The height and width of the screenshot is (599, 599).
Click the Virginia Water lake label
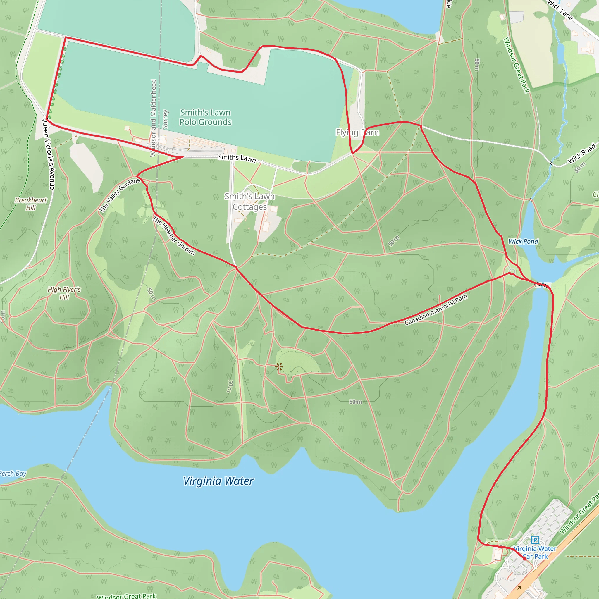pos(218,481)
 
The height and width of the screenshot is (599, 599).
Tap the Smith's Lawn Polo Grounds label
pos(205,117)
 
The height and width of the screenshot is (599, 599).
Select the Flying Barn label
pos(357,132)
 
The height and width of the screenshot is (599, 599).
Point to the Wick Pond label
pos(523,241)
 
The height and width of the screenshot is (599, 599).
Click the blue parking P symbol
pos(535,540)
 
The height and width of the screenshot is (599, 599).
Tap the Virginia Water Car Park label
pos(535,552)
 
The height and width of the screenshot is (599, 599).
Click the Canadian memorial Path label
pos(436,310)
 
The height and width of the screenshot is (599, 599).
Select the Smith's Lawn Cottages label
pos(249,202)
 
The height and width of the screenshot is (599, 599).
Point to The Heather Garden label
pos(174,236)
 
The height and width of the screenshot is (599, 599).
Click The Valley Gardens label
pos(120,195)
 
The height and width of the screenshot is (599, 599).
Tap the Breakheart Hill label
pos(31,204)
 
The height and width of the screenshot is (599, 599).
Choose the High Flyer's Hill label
pos(64,293)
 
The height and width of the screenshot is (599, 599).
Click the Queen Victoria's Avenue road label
pos(48,154)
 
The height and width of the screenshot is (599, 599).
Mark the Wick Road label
pos(581,153)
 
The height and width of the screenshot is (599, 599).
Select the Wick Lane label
pos(560,10)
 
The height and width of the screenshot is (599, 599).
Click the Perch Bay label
pos(12,474)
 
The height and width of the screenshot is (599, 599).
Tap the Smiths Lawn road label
pos(237,158)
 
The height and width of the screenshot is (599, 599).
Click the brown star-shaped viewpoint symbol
pos(279,367)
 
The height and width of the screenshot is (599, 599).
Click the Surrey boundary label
pos(165,119)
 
